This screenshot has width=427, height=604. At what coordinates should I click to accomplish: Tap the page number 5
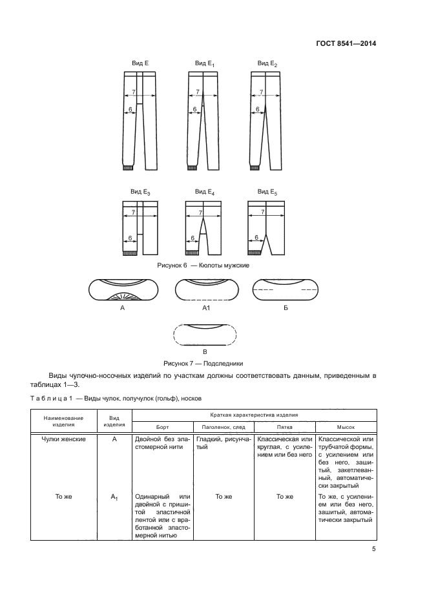(x=374, y=549)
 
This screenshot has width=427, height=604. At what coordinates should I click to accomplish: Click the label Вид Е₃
(x=140, y=192)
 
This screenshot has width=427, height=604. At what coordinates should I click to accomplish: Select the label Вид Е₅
(x=267, y=192)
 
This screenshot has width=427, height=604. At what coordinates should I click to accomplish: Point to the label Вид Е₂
(x=267, y=63)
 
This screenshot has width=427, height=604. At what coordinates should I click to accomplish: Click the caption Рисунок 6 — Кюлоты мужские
(x=203, y=266)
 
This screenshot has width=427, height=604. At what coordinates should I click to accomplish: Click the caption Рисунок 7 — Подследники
(x=203, y=363)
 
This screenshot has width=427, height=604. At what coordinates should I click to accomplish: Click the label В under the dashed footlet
(x=204, y=351)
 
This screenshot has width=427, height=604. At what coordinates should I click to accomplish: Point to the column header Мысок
(x=346, y=427)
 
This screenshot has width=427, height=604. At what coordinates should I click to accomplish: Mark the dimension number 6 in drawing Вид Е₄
(x=193, y=238)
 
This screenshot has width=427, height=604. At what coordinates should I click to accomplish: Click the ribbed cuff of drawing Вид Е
(x=128, y=168)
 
